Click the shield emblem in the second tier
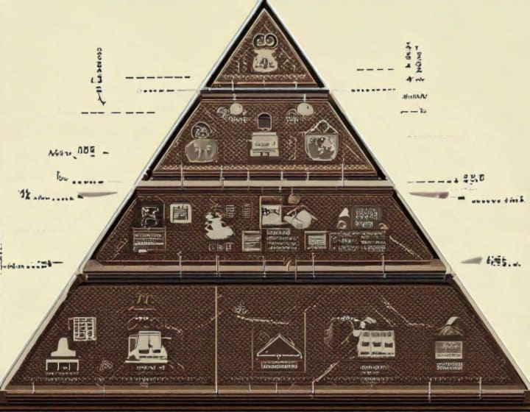click(x=322, y=144)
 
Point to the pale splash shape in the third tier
click(x=218, y=224)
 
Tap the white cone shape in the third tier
click(x=343, y=218)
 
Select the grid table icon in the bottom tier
click(x=83, y=328)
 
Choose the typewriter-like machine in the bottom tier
click(x=147, y=346)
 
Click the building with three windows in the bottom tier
click(x=375, y=342)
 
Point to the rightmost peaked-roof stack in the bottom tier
click(x=448, y=342)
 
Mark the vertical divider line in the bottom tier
click(x=217, y=335)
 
